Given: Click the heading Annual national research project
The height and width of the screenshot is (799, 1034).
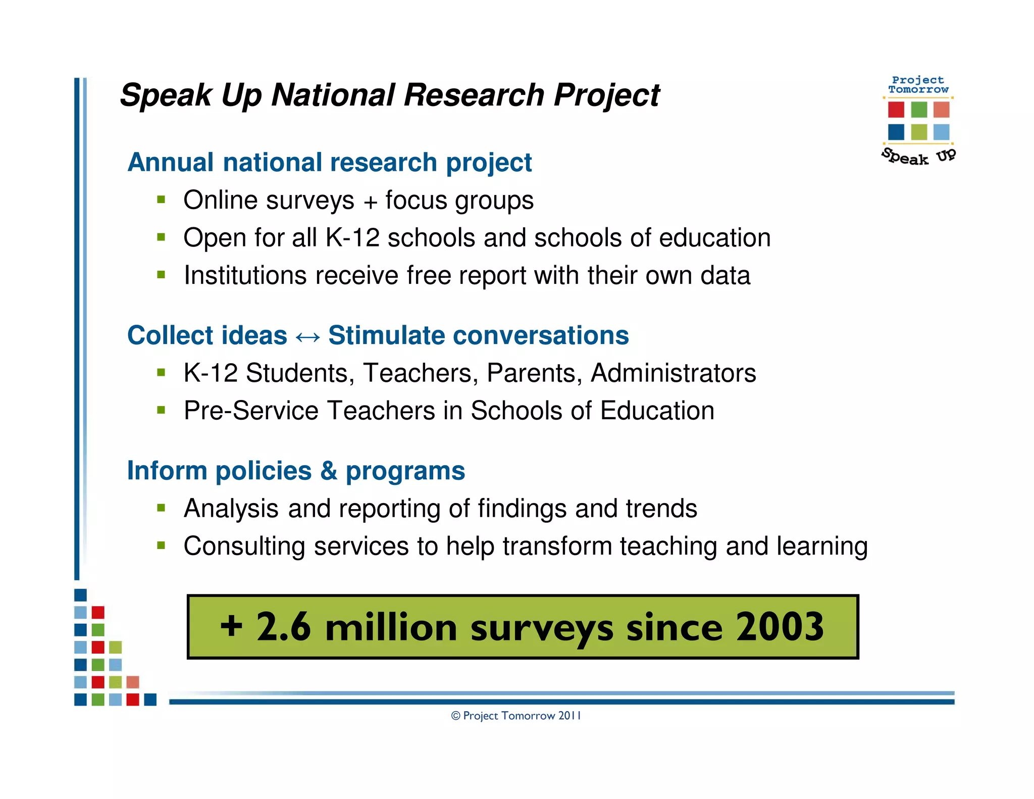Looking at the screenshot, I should tap(329, 163).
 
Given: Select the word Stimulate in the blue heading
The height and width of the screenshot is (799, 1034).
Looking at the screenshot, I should tap(386, 335).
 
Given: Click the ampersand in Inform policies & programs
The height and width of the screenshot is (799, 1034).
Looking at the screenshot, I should tap(328, 471).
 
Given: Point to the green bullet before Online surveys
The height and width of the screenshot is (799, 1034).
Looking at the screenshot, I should tap(161, 199).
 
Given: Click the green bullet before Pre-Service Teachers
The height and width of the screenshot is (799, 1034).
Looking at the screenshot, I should tap(161, 410).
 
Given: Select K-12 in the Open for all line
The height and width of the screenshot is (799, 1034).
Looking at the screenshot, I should tap(352, 238).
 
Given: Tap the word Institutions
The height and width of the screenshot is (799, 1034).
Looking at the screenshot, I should tap(245, 276).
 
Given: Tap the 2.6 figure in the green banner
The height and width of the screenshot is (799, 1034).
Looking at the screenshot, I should tap(283, 627).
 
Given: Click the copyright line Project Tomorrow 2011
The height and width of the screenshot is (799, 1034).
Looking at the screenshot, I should tap(516, 716).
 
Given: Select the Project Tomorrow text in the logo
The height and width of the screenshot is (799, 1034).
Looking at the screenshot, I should tap(918, 85).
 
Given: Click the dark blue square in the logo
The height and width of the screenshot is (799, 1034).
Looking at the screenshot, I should tap(896, 132).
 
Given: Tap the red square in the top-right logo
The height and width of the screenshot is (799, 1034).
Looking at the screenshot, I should tap(896, 109).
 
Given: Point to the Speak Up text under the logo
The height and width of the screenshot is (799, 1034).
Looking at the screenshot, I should tap(918, 157).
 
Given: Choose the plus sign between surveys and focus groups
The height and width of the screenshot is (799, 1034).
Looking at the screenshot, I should tap(370, 202).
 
